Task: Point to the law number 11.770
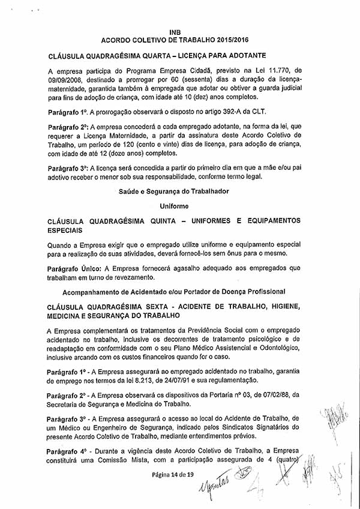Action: [277, 70]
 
